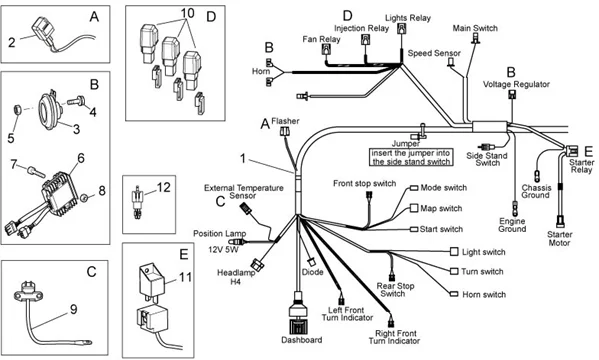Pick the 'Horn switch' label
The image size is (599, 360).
(x=484, y=295)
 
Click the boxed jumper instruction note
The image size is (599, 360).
(x=405, y=156)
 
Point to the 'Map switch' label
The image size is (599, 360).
(x=442, y=208)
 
